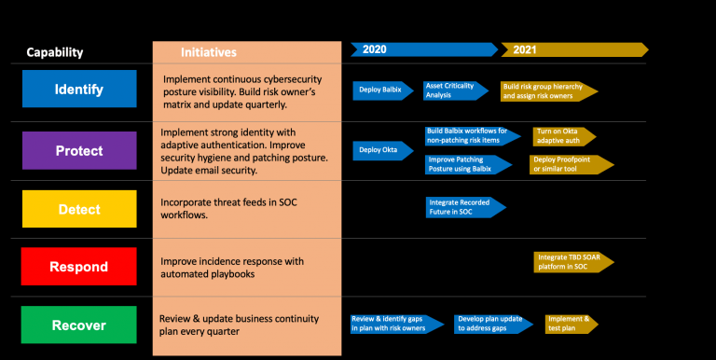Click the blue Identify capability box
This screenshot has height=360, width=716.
(78, 90)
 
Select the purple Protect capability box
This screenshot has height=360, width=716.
(78, 150)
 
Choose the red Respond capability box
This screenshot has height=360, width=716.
(78, 266)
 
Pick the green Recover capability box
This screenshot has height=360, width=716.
(78, 325)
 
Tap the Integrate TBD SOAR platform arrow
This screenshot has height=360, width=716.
(570, 262)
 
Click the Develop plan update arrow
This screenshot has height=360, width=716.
(490, 324)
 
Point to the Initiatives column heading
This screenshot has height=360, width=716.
(209, 52)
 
